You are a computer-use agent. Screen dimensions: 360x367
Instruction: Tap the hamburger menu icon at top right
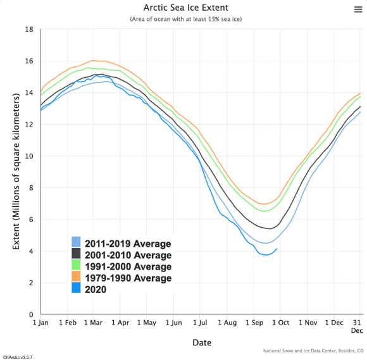[358, 9]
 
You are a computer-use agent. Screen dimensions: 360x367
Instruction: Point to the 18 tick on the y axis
[29, 29]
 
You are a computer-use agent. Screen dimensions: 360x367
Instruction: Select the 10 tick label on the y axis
[29, 156]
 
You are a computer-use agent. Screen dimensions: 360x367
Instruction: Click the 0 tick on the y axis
[31, 314]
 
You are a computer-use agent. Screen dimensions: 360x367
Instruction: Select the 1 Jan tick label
[40, 323]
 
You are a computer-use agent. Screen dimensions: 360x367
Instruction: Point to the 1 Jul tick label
[199, 323]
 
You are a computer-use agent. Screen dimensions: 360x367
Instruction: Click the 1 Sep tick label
[254, 323]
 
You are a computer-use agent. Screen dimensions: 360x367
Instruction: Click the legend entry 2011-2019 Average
[127, 244]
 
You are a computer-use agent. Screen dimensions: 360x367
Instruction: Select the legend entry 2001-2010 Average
[127, 256]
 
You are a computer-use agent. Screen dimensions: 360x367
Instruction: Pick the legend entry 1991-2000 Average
[127, 266]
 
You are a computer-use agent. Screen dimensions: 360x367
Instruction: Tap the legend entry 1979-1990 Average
[127, 278]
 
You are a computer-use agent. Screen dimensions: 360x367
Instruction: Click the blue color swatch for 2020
[75, 289]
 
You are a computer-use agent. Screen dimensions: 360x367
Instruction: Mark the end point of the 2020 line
[277, 249]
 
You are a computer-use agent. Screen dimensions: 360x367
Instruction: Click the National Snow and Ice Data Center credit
[313, 350]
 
